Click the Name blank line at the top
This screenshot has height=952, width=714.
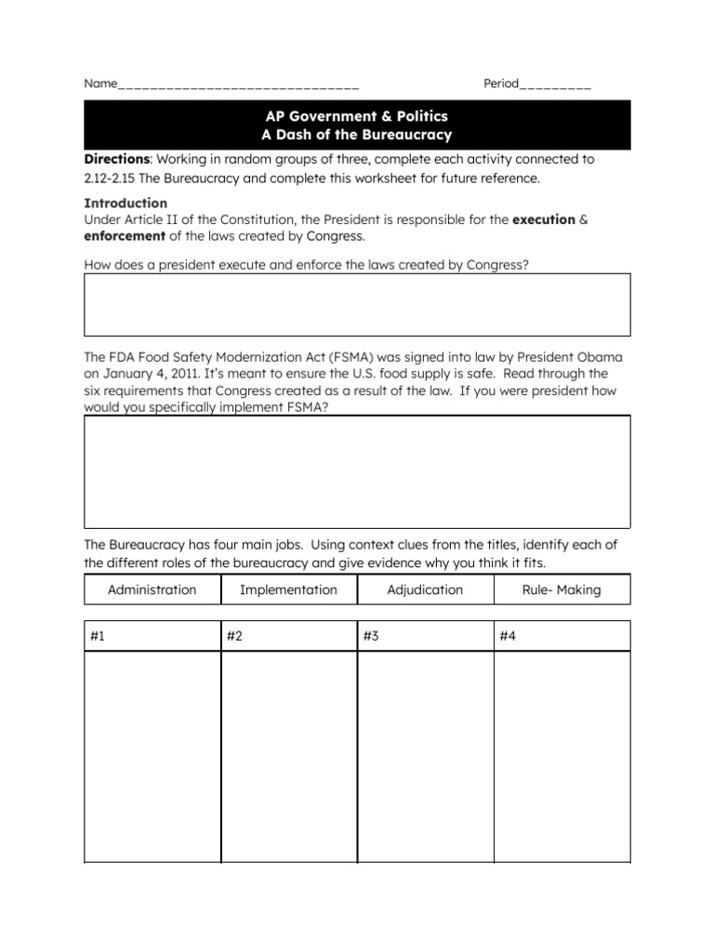click(x=238, y=86)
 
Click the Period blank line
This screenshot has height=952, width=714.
click(x=555, y=86)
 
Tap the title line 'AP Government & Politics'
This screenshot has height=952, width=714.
click(x=357, y=116)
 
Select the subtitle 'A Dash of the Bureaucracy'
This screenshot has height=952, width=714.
click(x=357, y=135)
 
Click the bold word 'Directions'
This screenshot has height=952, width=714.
click(x=118, y=159)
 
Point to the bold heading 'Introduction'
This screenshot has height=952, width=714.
click(x=126, y=203)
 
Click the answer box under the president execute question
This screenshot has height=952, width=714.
click(x=357, y=304)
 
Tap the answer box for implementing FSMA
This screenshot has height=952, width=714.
click(x=357, y=471)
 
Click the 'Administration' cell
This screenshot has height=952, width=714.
click(x=152, y=589)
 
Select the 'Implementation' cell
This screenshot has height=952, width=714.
click(x=288, y=589)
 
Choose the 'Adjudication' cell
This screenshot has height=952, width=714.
click(x=425, y=589)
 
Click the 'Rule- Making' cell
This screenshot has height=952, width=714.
click(x=562, y=589)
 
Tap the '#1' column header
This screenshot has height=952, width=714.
click(x=98, y=636)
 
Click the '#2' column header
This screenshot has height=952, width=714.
click(x=234, y=636)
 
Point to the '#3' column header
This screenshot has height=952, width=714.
click(x=371, y=636)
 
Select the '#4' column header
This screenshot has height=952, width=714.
click(x=508, y=636)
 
